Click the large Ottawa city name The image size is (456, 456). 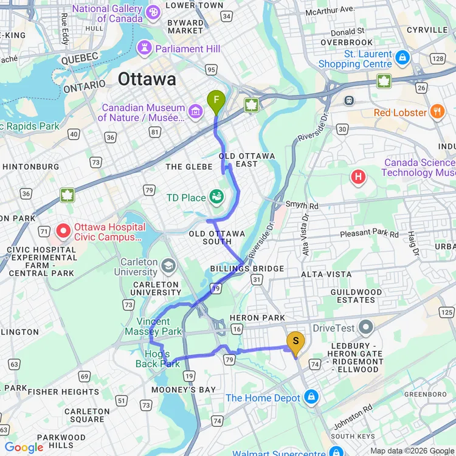click(x=147, y=79)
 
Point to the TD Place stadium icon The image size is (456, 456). click(x=216, y=197)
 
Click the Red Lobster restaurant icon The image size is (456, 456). click(x=437, y=112)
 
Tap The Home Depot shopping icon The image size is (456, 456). click(x=312, y=398)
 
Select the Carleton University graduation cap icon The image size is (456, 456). click(x=168, y=266)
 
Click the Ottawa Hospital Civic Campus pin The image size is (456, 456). click(x=63, y=232)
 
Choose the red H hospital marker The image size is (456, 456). click(x=359, y=177)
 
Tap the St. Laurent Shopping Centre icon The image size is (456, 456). click(x=402, y=58)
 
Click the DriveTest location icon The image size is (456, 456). click(x=366, y=328)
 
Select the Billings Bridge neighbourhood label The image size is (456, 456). click(x=247, y=269)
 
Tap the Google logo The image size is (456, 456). click(x=24, y=447)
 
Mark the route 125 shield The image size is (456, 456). click(x=447, y=312)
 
